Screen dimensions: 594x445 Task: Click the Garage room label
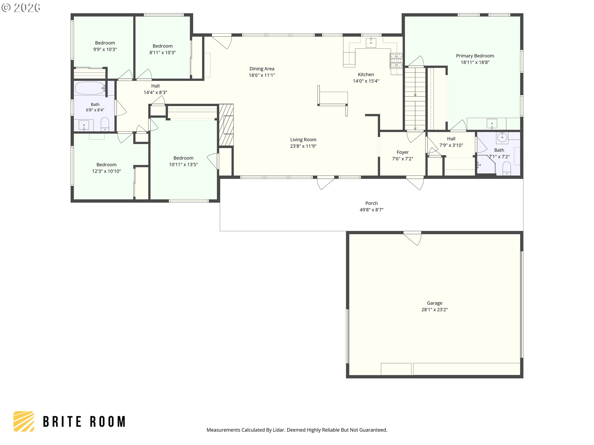(434, 303)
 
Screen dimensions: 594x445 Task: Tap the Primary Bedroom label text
(475, 56)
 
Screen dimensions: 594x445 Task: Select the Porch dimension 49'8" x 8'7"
(371, 210)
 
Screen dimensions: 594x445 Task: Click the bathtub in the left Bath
(90, 88)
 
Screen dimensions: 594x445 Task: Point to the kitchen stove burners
(396, 61)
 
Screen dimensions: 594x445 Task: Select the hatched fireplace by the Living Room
(226, 125)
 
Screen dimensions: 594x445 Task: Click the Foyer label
(402, 152)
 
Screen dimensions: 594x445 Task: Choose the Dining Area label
(262, 69)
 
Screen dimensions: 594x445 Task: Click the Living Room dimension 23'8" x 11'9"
(303, 146)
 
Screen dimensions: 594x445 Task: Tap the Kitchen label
(366, 74)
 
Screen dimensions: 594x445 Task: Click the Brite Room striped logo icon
(24, 421)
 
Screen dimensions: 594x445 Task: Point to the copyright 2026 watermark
(21, 7)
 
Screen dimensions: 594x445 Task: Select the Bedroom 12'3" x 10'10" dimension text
(106, 171)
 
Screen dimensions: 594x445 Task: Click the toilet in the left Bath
(105, 124)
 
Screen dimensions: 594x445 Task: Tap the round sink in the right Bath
(502, 138)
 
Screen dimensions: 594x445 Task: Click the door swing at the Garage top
(413, 238)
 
